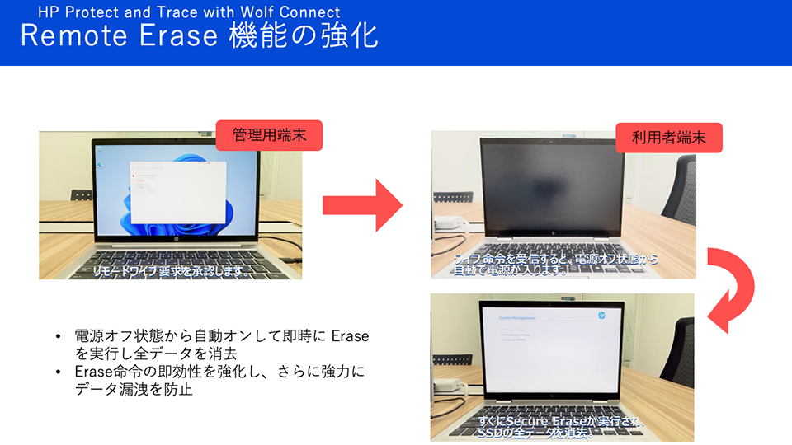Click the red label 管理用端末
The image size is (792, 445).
pyautogui.click(x=269, y=135)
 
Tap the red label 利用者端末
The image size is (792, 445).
pyautogui.click(x=669, y=138)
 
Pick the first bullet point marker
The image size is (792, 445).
pyautogui.click(x=58, y=337)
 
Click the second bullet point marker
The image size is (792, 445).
pyautogui.click(x=58, y=372)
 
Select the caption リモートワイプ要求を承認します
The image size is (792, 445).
pyautogui.click(x=172, y=269)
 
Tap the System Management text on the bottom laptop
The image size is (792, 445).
pyautogui.click(x=517, y=316)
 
